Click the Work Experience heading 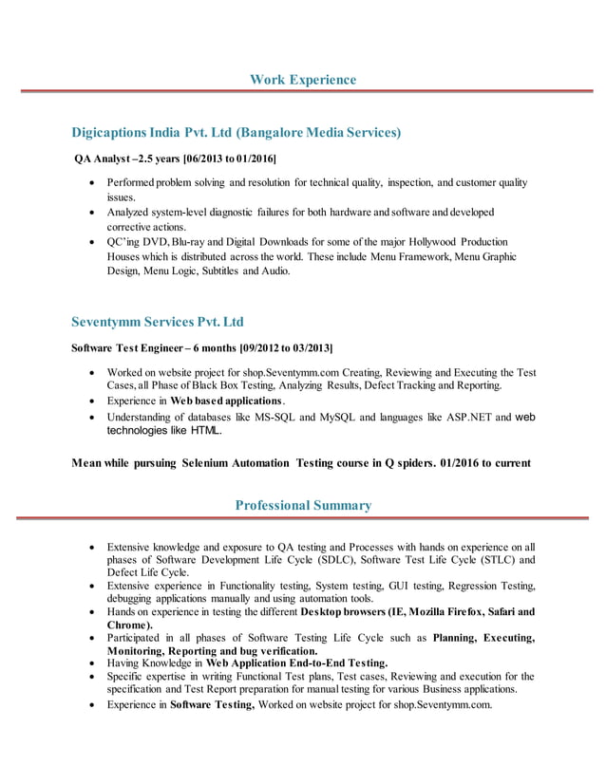click(x=303, y=79)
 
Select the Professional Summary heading click(x=303, y=505)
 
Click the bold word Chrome click(x=128, y=625)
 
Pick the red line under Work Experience click(x=303, y=92)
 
